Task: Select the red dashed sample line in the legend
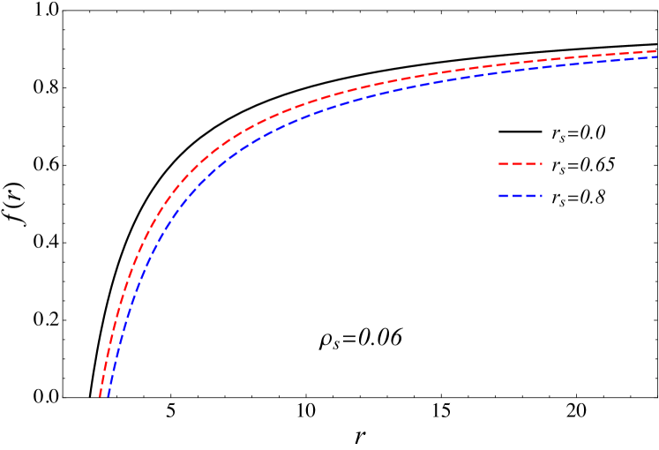coord(520,164)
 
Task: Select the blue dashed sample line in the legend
coord(520,196)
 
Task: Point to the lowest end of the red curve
coord(101,395)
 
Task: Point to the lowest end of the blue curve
coord(109,395)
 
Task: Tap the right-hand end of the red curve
coord(656,51)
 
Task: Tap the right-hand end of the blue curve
coord(656,57)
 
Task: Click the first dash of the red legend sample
coord(503,164)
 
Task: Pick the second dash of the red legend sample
coord(517,164)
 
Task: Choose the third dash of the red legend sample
coord(530,164)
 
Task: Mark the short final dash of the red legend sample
coord(541,164)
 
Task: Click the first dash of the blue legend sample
coord(503,196)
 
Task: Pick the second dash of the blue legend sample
coord(517,196)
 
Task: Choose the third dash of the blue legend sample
coord(530,196)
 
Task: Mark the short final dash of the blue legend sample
coord(541,196)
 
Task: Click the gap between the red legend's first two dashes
coord(510,164)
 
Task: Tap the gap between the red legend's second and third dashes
coord(524,164)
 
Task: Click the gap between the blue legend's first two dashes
coord(510,196)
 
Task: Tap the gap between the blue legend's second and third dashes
coord(524,196)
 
